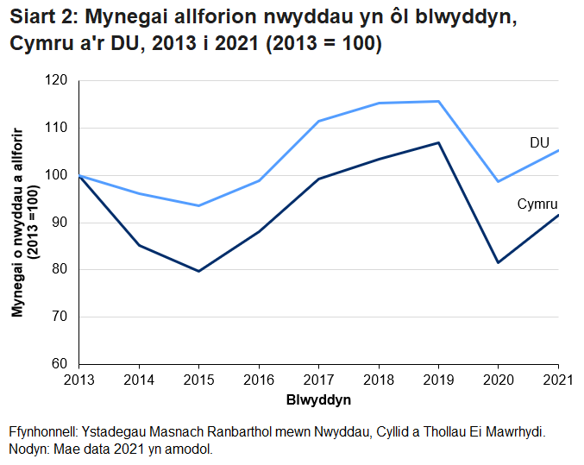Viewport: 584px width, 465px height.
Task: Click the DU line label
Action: (539, 143)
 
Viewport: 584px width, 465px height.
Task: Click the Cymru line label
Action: (537, 204)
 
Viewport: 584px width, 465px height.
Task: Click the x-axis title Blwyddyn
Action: (318, 401)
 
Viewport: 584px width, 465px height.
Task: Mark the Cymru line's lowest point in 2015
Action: (198, 271)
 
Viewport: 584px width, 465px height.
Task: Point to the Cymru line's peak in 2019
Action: (438, 142)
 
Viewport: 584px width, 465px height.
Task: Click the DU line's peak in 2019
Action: (438, 101)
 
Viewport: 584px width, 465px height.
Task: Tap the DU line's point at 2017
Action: (318, 121)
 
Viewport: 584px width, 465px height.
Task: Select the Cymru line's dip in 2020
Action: (499, 262)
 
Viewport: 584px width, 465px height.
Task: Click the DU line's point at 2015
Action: (198, 205)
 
